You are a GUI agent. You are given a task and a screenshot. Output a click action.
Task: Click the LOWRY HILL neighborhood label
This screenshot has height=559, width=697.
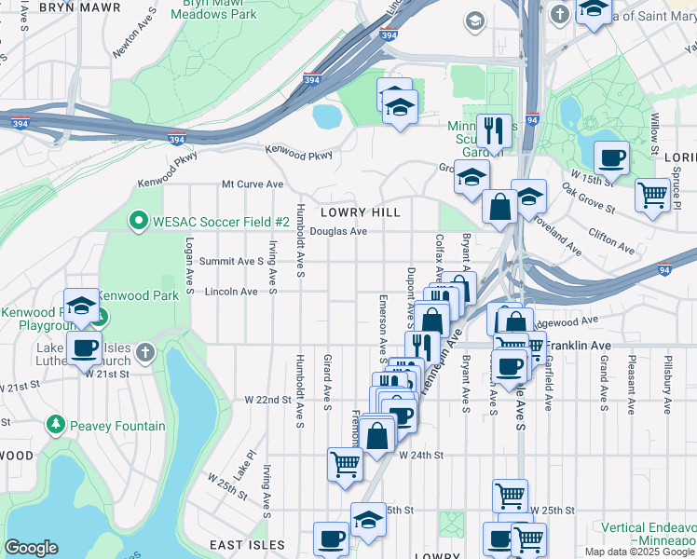(x=361, y=212)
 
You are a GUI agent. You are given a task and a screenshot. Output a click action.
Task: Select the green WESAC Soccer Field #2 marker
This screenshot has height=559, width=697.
(x=139, y=221)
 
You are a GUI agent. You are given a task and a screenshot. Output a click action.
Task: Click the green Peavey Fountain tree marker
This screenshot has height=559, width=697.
(x=56, y=426)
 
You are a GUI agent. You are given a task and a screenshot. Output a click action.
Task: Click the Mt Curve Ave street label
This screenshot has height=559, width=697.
(x=252, y=184)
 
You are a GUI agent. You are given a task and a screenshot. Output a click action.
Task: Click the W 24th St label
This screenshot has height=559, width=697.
(x=419, y=456)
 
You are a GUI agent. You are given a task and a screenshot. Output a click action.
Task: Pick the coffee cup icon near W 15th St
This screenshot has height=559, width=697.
(x=610, y=158)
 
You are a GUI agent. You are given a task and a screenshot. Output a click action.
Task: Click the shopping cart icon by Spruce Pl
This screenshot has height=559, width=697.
(x=652, y=194)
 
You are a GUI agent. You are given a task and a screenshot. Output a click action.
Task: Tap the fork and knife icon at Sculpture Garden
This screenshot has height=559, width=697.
(x=493, y=131)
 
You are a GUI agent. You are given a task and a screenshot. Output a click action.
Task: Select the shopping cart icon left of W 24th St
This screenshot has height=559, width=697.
(x=345, y=463)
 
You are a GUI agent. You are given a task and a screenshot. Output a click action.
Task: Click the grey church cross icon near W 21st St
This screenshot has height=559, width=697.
(x=143, y=352)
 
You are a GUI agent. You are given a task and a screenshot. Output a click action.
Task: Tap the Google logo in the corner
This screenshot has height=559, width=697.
(x=31, y=548)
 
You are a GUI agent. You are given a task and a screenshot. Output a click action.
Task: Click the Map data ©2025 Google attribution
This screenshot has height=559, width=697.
(x=639, y=552)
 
